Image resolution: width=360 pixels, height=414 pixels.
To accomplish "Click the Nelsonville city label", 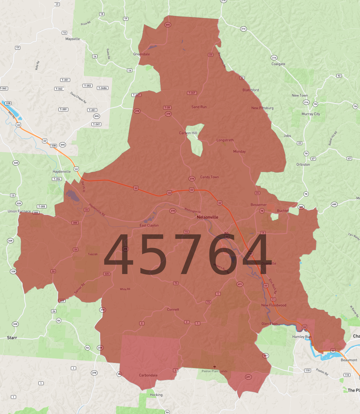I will pos(207,217).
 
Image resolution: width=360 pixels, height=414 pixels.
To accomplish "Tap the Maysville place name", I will pos(72,39).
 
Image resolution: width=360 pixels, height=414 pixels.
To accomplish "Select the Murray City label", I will pos(311,114).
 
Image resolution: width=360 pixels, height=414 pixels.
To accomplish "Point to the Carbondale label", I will pos(148,375).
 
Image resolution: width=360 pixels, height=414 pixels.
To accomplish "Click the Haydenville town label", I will pos(62,172).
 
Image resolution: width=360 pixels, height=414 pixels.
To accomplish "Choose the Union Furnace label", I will pos(19,211).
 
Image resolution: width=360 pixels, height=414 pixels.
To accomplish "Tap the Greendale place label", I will pos(141,54).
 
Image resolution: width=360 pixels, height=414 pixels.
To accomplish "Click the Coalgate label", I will pos(278,64).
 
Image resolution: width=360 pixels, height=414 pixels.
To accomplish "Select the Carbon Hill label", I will pos(188,133).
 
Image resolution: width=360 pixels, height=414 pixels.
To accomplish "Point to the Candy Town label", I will pos(209,177).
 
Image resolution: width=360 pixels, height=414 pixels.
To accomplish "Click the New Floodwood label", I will pos(274,305).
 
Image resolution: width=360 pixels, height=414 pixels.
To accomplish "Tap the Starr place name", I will pos(12,338).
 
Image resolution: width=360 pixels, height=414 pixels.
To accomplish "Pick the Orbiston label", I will pos(303,165).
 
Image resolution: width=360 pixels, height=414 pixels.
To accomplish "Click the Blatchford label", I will pos(251,90).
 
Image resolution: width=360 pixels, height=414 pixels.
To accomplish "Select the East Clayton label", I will pos(149,226).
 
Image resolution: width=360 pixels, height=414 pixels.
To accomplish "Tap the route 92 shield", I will pos(339,76).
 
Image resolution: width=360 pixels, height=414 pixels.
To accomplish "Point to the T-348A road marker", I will pos(102,88).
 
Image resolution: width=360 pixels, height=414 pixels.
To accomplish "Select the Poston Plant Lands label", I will pos(214,371).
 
